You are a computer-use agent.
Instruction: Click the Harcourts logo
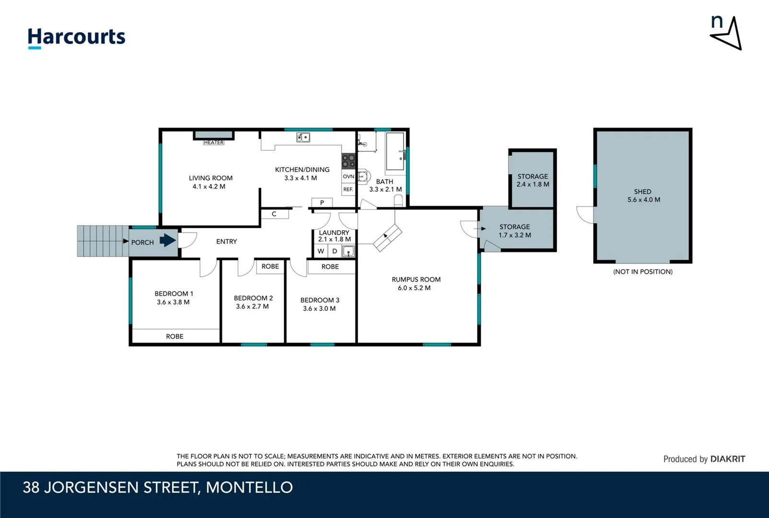click(76, 37)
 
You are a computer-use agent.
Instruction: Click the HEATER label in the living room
click(213, 142)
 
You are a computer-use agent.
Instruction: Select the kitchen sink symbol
click(303, 138)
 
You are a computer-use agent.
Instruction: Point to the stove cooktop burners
click(349, 161)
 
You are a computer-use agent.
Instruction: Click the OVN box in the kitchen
click(349, 177)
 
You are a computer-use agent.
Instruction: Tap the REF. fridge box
click(348, 189)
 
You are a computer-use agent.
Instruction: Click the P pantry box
click(322, 202)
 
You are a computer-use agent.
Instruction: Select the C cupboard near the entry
click(274, 214)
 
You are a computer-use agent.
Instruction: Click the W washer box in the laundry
click(321, 251)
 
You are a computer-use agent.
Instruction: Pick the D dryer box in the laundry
click(335, 251)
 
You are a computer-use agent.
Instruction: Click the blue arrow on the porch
click(167, 240)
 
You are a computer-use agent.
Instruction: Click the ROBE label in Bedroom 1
click(175, 336)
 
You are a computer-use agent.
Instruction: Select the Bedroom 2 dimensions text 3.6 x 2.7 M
click(252, 306)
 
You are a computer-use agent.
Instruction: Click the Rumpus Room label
click(416, 279)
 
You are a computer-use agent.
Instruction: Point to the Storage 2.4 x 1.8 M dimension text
click(532, 184)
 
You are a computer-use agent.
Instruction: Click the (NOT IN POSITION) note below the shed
click(642, 271)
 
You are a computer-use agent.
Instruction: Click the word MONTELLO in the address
click(249, 487)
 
